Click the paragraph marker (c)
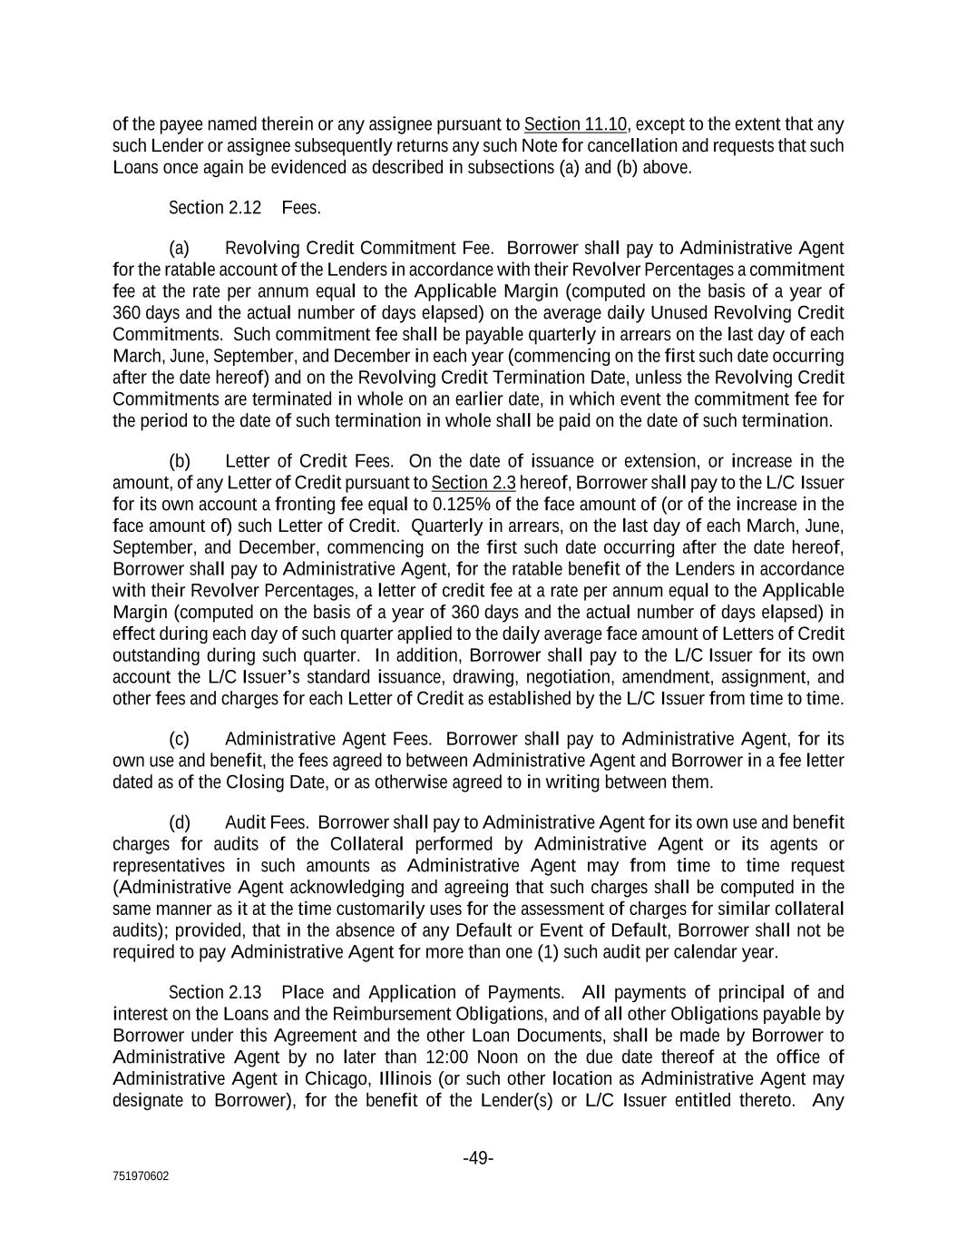coord(180,739)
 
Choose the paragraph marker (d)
coord(180,822)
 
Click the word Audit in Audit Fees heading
coord(245,822)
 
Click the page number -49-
coord(478,1158)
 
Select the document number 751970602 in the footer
coord(141,1176)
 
